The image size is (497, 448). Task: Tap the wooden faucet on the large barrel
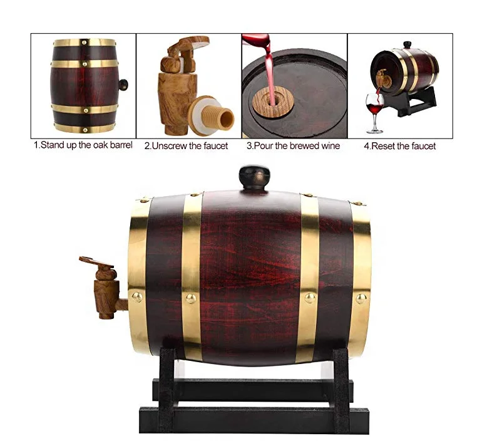[x=105, y=285]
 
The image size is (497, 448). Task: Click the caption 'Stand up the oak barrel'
[x=83, y=145]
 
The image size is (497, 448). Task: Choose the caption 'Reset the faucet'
[x=399, y=146]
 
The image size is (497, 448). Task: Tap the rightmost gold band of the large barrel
[x=360, y=276]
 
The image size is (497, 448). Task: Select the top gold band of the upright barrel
[x=85, y=43]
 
